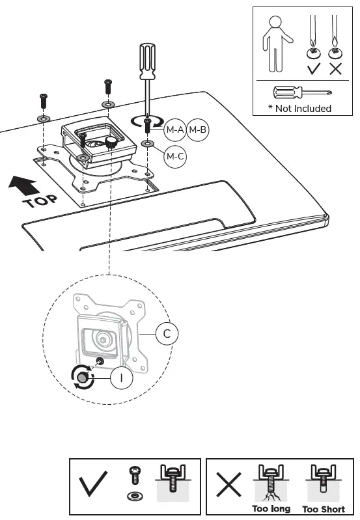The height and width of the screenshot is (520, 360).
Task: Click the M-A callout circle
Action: pyautogui.click(x=174, y=130)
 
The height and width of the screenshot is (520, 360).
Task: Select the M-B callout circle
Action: pyautogui.click(x=197, y=130)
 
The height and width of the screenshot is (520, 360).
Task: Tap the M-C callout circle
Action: pyautogui.click(x=174, y=156)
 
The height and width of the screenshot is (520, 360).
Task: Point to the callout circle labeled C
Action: pyautogui.click(x=167, y=335)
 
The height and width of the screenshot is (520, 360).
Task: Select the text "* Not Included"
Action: pyautogui.click(x=299, y=109)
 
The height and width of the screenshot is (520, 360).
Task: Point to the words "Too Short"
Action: pyautogui.click(x=324, y=508)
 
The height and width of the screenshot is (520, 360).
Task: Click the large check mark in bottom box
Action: pyautogui.click(x=93, y=486)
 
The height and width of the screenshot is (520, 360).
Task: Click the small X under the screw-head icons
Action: pyautogui.click(x=336, y=68)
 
